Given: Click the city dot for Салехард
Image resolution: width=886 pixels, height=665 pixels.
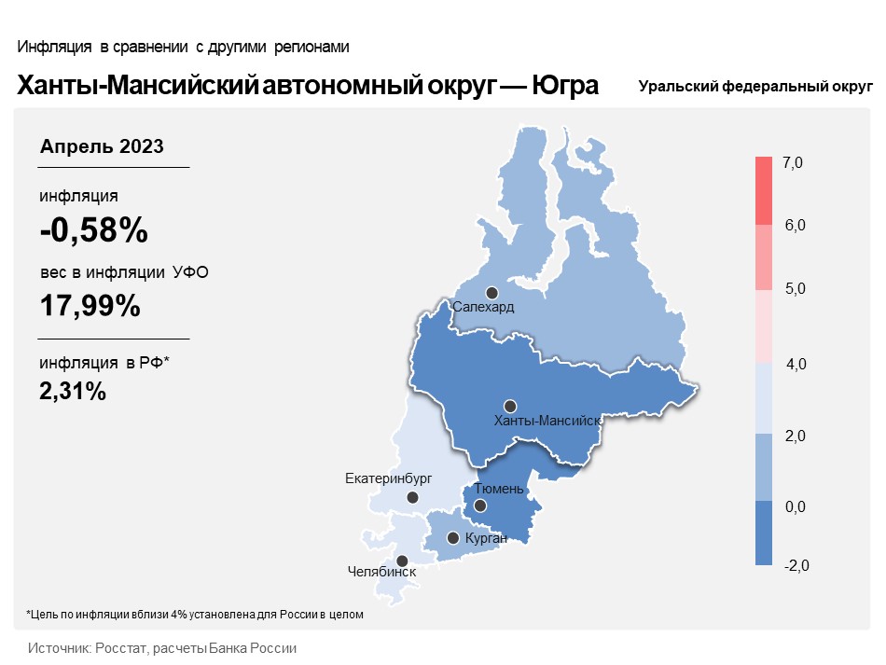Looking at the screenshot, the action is (492, 293).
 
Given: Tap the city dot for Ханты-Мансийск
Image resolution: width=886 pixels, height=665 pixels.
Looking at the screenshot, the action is (510, 407).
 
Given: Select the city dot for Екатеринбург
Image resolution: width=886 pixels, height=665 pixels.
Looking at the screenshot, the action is (412, 498).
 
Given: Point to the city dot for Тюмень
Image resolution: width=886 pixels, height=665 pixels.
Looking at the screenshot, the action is (479, 506).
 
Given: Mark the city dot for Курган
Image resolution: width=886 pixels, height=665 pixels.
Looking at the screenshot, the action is (452, 538).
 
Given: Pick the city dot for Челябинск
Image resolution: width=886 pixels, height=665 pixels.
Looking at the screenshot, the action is (402, 561).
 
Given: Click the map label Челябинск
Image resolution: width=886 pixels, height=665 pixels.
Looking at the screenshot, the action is (381, 572).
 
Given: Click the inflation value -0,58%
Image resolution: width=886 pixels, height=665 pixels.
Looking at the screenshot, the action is (94, 230).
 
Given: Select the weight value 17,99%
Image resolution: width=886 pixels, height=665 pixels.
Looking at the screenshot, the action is (90, 306).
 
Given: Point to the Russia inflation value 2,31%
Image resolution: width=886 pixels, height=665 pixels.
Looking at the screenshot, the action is (73, 391).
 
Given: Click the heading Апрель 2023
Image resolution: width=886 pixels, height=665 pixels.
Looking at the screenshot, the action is (102, 146).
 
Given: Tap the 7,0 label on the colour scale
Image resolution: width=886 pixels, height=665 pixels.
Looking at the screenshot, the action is (792, 162).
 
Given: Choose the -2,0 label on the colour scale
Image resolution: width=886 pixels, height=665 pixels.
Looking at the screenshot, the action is (796, 565).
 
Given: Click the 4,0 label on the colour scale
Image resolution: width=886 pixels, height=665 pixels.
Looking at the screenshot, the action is (796, 365).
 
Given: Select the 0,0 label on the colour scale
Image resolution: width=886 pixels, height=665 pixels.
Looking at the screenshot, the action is (795, 506).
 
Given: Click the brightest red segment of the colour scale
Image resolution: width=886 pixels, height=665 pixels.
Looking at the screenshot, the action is (764, 191).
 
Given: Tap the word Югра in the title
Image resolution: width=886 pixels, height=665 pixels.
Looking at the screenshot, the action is (565, 86).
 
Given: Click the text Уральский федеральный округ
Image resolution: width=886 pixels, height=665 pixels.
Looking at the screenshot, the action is (755, 87).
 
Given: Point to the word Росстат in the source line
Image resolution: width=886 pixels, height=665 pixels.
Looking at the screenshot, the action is (121, 648).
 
